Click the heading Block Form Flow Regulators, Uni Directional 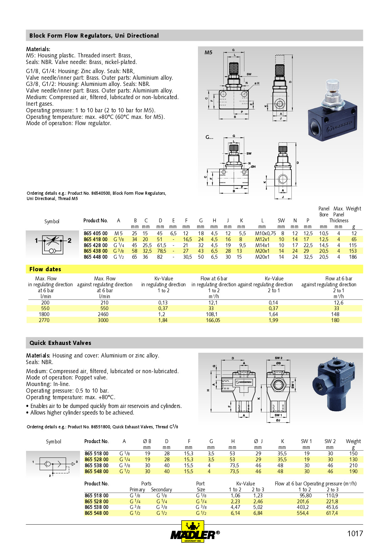coord(94,36)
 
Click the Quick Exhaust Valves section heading coord(60,343)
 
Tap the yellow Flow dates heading coord(45,269)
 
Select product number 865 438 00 coord(96,251)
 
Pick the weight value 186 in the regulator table coord(353,257)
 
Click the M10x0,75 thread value coord(265,234)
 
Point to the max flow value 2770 coord(44,320)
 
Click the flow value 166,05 coord(213,320)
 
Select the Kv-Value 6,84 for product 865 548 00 coord(258,513)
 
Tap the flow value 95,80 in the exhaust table coord(306,496)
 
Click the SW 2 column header coord(330,442)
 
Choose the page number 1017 coord(355,534)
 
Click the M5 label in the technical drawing coord(208,53)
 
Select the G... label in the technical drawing coord(209,137)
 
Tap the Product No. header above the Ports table coord(97,484)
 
